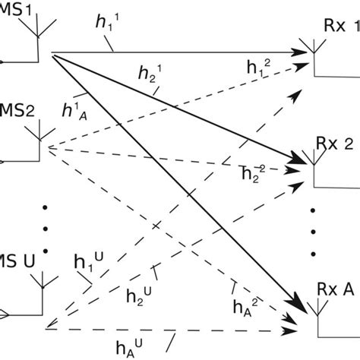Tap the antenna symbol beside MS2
click(x=36, y=141)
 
